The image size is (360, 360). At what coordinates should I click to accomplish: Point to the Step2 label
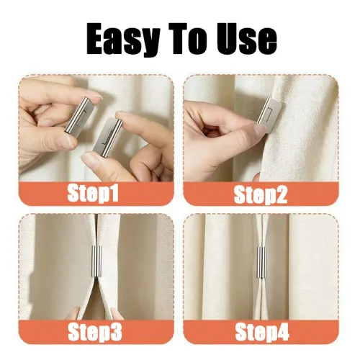tap(261, 193)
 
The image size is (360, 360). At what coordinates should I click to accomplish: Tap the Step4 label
tap(261, 332)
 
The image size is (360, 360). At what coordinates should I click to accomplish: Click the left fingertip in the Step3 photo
tap(74, 312)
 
